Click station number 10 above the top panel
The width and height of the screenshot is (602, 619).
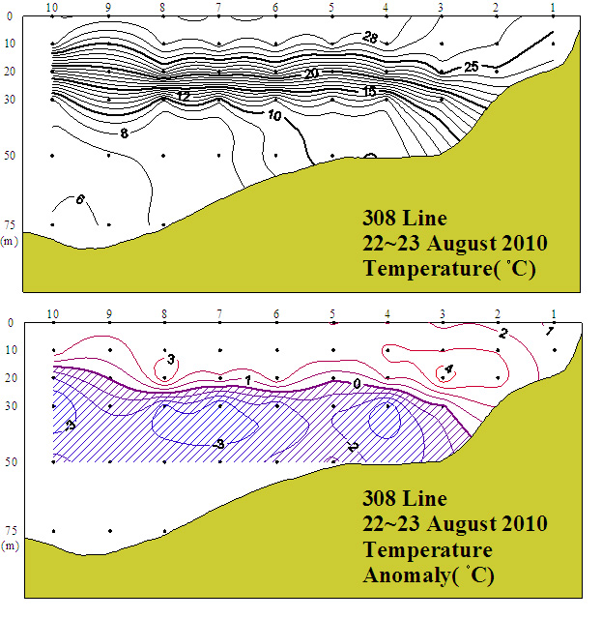[52, 7]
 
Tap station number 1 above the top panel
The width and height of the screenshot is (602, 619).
[553, 7]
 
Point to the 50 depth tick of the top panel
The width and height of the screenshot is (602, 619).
[9, 155]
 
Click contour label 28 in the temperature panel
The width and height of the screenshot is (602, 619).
[370, 37]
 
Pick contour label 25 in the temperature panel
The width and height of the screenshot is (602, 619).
[472, 67]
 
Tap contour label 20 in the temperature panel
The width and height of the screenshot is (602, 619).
[311, 74]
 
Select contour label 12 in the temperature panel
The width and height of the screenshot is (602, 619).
[184, 96]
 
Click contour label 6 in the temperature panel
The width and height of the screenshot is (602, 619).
[79, 200]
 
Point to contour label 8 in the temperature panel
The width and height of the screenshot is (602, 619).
[125, 133]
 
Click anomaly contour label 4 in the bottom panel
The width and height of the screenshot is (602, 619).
[447, 368]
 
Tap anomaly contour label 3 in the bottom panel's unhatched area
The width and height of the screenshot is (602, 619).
[170, 359]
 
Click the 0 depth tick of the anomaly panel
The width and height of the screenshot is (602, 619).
[11, 323]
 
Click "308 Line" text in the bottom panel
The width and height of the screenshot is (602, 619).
[404, 499]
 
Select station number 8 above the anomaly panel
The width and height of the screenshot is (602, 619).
[164, 313]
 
